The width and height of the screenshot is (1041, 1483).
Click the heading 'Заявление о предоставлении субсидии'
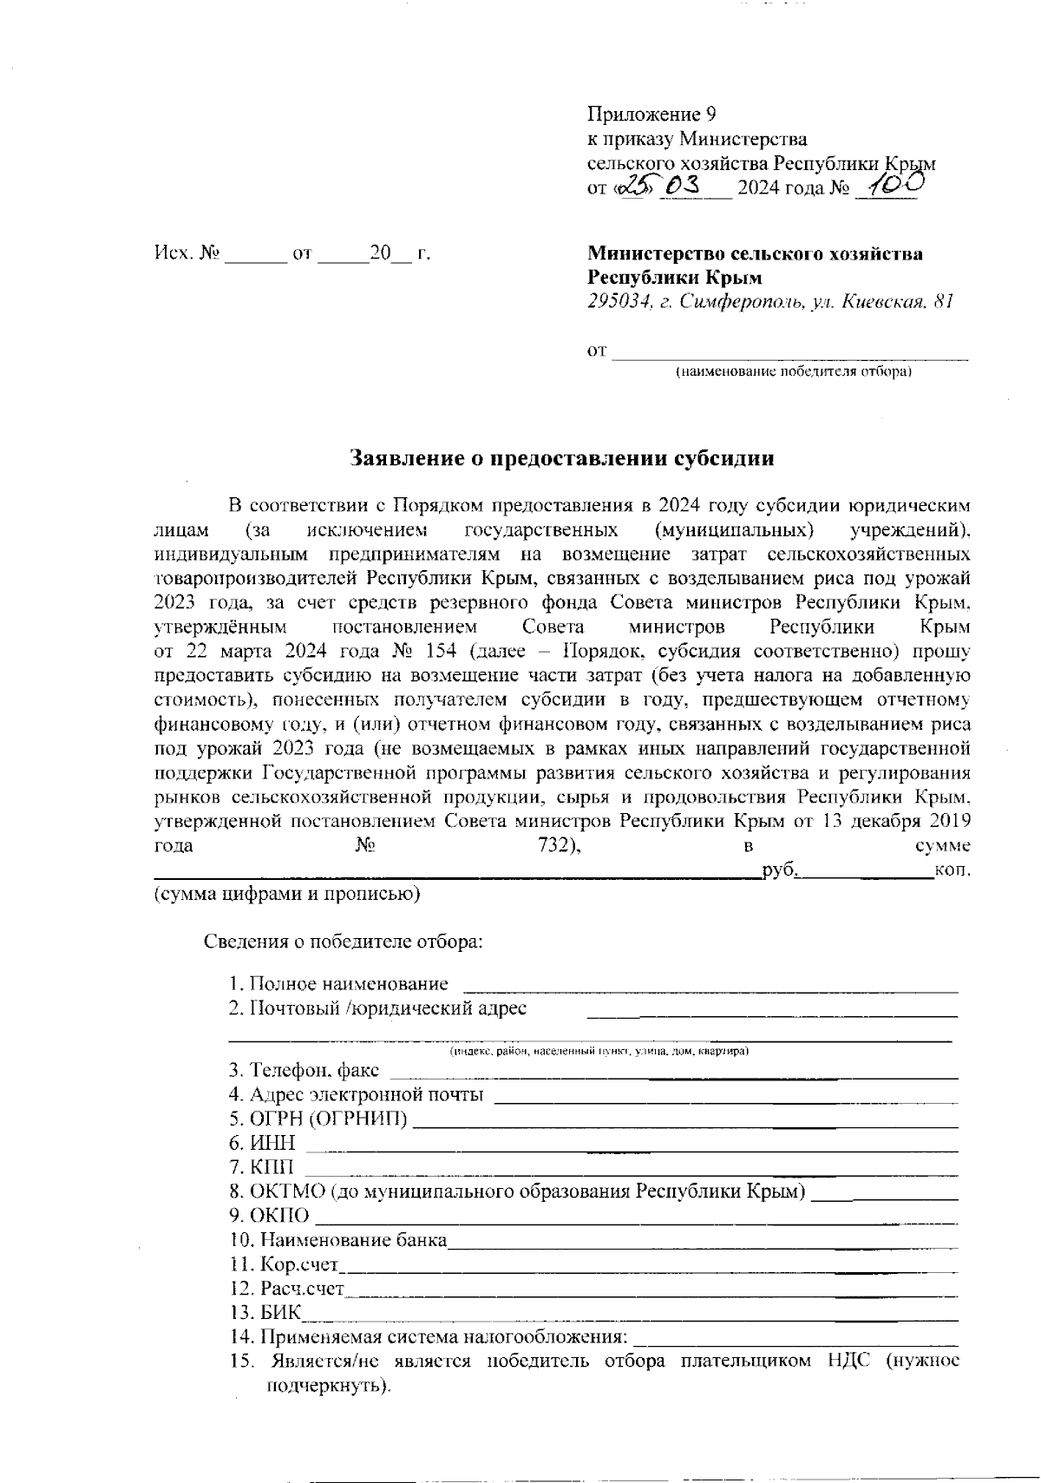(x=561, y=459)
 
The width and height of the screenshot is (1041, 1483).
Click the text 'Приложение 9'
(x=651, y=115)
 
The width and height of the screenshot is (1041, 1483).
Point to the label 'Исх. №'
(x=186, y=254)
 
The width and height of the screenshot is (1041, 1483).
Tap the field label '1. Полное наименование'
(x=338, y=984)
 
